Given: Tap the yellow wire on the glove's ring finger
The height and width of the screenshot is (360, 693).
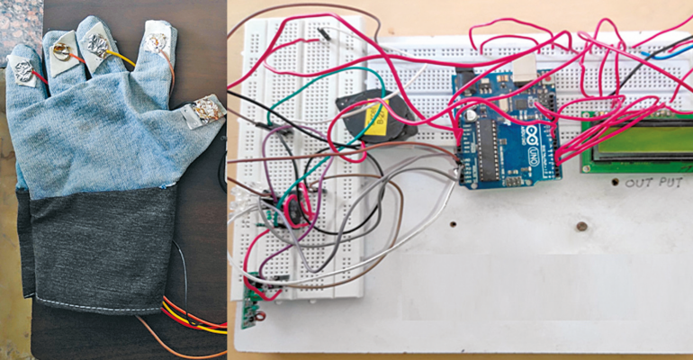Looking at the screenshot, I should pyautogui.click(x=121, y=59).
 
